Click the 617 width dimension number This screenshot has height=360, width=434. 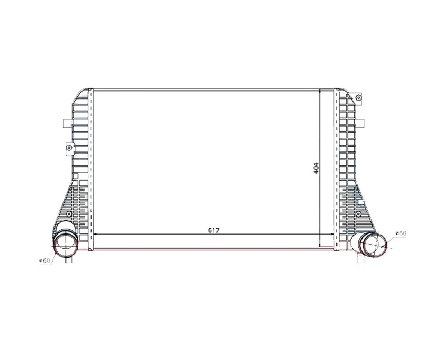coord(213,230)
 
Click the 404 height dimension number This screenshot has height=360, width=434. coord(317,168)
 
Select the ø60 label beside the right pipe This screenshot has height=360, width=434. coord(401,233)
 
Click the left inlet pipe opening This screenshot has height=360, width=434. coord(64,244)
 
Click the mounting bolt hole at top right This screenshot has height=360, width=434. coord(358,98)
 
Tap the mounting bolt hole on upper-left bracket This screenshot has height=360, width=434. coord(68,148)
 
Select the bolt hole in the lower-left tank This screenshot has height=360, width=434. coord(68,213)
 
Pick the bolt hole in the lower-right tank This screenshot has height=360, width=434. coord(358,213)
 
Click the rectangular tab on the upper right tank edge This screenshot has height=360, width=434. coord(362,123)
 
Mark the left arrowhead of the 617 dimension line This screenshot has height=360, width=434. coord(96,235)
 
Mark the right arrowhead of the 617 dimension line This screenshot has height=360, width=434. coord(331,235)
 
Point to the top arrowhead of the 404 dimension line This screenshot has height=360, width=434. coord(321,92)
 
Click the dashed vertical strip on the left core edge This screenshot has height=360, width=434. coord(91,169)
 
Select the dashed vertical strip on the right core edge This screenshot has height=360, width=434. coord(337,169)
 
